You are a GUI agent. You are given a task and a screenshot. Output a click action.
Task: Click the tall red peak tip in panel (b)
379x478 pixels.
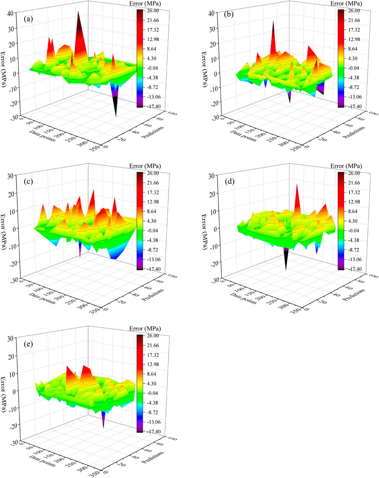click(274, 21)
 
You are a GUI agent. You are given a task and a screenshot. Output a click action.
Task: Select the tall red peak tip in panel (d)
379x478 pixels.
click(297, 184)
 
